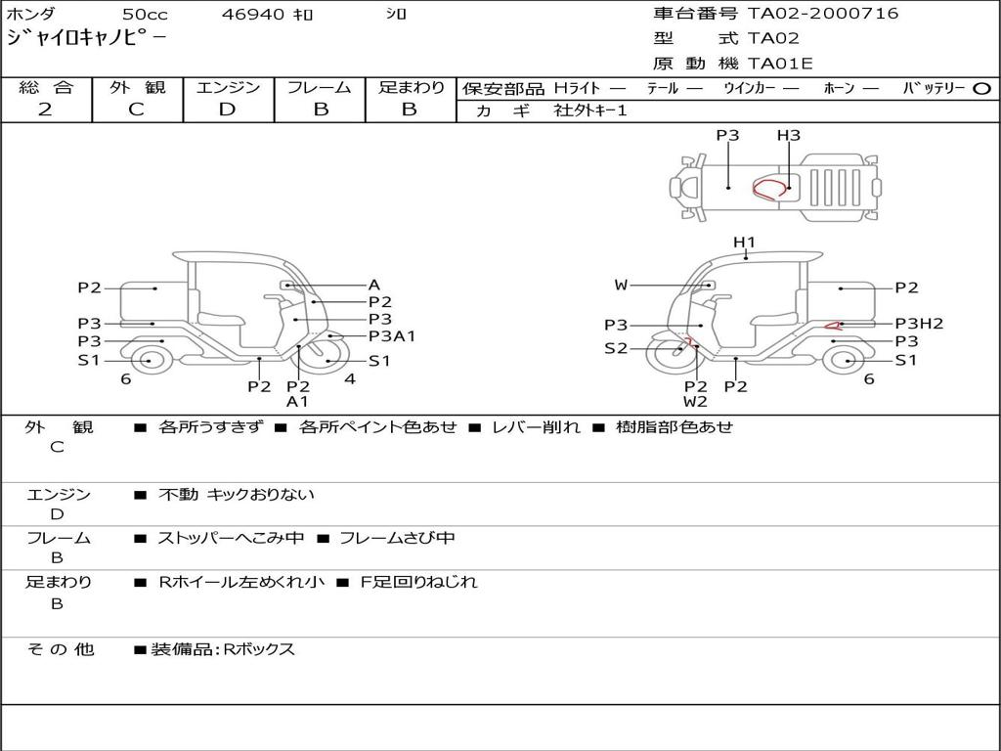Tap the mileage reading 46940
tap(252, 15)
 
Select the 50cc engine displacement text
tap(145, 15)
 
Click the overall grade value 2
tap(45, 110)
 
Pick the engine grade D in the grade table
tap(227, 110)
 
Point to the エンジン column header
tap(228, 87)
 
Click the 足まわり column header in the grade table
tap(411, 87)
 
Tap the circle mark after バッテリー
tap(981, 88)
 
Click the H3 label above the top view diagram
tap(789, 136)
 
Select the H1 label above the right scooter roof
tap(745, 242)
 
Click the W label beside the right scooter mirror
tap(622, 286)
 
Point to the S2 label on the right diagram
tap(616, 348)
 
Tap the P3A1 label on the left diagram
tap(392, 336)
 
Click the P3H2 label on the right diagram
tap(919, 324)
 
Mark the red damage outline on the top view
tap(770, 189)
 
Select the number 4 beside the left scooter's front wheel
tap(349, 379)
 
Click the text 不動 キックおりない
tap(237, 495)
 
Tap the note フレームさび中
tap(397, 538)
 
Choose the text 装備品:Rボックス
tap(223, 649)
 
